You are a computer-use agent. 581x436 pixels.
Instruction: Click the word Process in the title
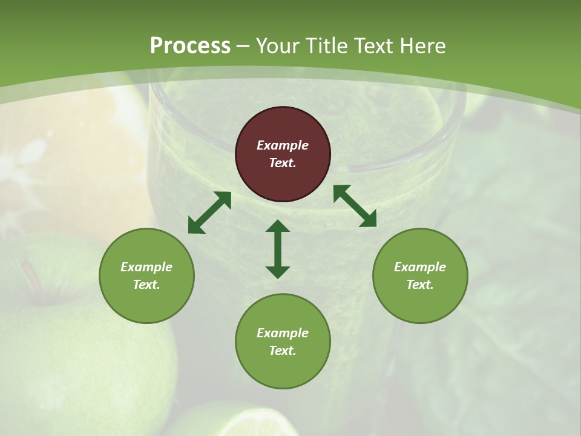coord(190,46)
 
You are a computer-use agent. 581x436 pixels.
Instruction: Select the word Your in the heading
coord(277,46)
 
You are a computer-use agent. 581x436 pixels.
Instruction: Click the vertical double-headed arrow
coord(278,249)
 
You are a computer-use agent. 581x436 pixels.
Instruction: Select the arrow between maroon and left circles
coord(209,213)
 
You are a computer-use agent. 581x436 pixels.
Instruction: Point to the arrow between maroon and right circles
coord(355,206)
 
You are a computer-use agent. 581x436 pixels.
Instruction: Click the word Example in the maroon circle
coord(283,145)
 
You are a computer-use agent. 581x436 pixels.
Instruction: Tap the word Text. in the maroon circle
coord(283,163)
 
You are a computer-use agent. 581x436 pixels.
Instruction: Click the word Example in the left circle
coord(146,267)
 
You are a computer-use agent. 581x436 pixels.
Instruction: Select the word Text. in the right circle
coord(420,285)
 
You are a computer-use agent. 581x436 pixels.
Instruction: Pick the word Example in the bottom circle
coord(283,333)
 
